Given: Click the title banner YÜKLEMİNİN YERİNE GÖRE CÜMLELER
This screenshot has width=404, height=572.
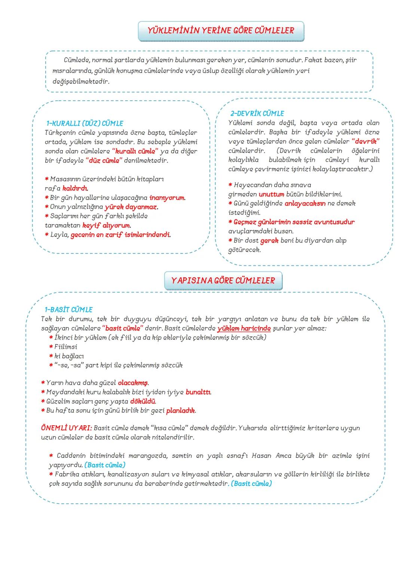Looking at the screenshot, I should pyautogui.click(x=221, y=31).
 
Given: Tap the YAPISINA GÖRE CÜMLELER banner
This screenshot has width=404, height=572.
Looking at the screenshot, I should pyautogui.click(x=223, y=280).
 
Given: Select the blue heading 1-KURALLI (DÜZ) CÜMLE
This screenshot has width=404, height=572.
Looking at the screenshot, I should pyautogui.click(x=85, y=123).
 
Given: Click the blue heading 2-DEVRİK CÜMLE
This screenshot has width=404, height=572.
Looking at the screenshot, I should pyautogui.click(x=257, y=113).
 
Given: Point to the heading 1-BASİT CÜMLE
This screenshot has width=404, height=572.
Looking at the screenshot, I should pyautogui.click(x=68, y=310).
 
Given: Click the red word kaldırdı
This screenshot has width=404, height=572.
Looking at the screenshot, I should pyautogui.click(x=75, y=188).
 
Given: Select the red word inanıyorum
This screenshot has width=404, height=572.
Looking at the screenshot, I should pyautogui.click(x=167, y=198).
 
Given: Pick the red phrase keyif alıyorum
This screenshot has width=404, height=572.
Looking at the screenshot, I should pyautogui.click(x=106, y=225).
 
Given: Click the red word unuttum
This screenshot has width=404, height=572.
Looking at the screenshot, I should pyautogui.click(x=271, y=194).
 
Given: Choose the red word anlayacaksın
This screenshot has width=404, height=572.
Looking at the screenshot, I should pyautogui.click(x=305, y=204).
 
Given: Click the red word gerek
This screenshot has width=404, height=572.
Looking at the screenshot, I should pyautogui.click(x=269, y=240).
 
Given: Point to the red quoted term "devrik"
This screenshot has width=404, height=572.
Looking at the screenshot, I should pyautogui.click(x=365, y=142).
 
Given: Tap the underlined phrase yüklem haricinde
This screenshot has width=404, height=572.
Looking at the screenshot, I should pyautogui.click(x=244, y=328).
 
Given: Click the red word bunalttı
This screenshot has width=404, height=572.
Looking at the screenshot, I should pyautogui.click(x=198, y=392).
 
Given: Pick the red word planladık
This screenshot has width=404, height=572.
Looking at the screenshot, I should pyautogui.click(x=181, y=411).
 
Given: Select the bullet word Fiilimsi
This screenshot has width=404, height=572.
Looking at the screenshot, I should pyautogui.click(x=66, y=347).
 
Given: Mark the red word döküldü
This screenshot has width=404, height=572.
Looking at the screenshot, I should pyautogui.click(x=143, y=401).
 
